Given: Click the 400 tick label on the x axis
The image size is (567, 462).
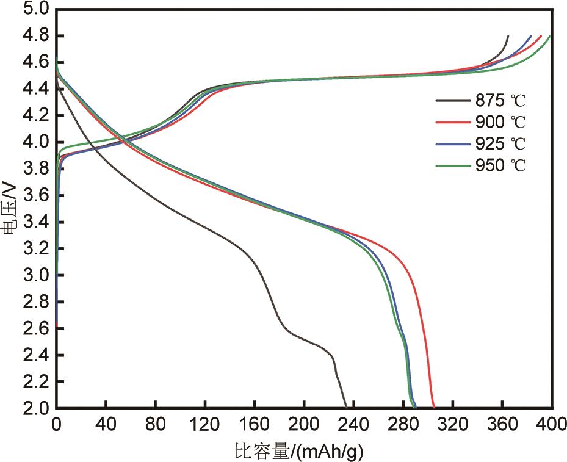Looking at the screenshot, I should tap(551, 422).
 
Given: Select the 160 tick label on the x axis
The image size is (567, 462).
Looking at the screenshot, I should tap(255, 422).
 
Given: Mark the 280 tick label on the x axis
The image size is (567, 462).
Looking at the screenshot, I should tap(403, 422).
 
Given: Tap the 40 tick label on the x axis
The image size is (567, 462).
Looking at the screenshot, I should tap(106, 422).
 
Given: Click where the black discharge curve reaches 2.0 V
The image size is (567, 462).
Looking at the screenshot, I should tap(346, 408).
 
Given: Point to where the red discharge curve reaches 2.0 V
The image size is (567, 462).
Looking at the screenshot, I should tap(434, 408).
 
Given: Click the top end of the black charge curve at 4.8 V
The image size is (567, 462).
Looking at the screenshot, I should tap(508, 36).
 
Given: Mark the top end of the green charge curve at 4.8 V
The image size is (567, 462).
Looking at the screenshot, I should tap(551, 36).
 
